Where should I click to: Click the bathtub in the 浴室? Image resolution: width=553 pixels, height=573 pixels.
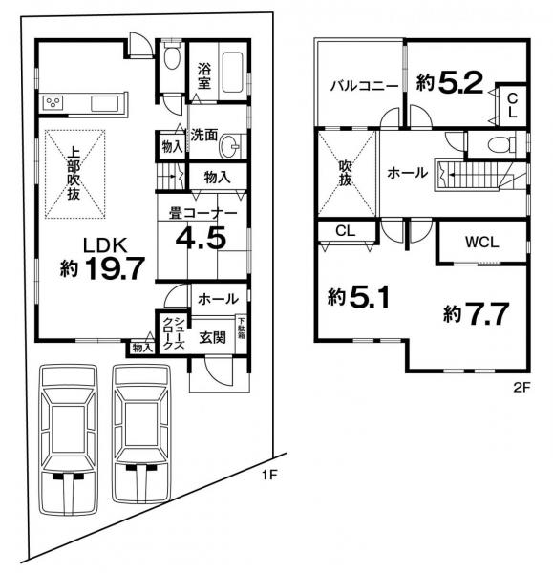[232, 74]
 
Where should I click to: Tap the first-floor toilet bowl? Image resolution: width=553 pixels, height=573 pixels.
[171, 57]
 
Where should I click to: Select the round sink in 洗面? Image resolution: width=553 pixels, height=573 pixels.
[229, 147]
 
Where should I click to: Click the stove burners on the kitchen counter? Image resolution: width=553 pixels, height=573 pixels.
[53, 102]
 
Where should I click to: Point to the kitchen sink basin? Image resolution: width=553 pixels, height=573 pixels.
[104, 103]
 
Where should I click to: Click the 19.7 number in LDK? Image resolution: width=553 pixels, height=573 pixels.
[114, 268]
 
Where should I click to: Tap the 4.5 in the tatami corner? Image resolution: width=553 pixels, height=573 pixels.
[201, 238]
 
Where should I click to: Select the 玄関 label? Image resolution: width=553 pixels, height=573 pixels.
[212, 337]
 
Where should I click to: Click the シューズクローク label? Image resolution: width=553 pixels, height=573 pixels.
[174, 333]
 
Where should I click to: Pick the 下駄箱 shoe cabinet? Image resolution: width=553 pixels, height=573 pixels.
[242, 334]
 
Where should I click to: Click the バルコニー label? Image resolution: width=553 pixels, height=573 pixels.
[364, 86]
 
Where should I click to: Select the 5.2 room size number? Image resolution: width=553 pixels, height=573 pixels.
[459, 83]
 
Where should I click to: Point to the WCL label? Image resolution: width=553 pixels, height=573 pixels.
[481, 242]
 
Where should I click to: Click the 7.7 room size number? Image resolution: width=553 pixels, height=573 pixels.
[486, 313]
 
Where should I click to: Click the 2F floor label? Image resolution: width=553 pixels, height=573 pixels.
[521, 388]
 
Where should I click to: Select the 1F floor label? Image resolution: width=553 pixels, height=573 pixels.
[270, 475]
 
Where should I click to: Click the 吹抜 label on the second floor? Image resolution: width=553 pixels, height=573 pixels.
[346, 173]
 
